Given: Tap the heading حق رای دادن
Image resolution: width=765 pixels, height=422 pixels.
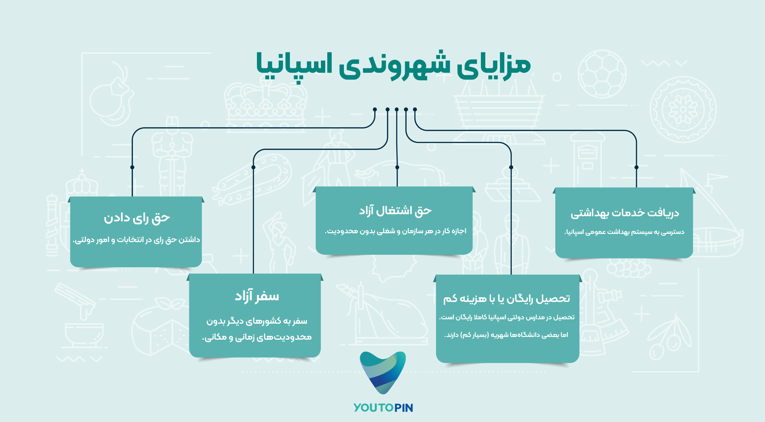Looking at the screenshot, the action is (x=137, y=218).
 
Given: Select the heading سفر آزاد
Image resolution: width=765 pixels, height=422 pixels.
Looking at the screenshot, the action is (x=257, y=296).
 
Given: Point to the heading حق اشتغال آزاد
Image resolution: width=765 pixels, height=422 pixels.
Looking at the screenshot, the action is (x=395, y=211).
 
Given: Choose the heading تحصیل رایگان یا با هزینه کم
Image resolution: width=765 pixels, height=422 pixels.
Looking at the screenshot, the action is (x=507, y=299).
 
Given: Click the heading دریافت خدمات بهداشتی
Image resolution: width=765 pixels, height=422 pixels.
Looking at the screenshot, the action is (x=625, y=213).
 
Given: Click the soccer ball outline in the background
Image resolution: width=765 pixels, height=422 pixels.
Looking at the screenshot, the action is (x=602, y=74).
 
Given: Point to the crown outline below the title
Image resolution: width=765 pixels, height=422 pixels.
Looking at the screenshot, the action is (x=265, y=102).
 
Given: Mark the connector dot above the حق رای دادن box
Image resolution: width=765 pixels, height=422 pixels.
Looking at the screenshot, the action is (x=132, y=167).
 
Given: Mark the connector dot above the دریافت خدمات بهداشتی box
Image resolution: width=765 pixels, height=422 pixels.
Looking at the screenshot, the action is (x=637, y=167).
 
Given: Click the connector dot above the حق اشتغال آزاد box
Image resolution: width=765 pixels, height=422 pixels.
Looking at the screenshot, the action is (x=397, y=167).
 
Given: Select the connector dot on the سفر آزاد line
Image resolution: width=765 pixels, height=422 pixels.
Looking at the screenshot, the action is (x=253, y=167).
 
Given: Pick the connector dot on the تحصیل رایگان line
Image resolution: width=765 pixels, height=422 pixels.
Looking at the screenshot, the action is (x=511, y=167).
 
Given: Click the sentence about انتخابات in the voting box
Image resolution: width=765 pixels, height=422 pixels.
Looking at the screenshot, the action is (x=136, y=240).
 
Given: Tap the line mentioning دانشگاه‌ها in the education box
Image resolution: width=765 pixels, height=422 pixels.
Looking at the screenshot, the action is (x=506, y=335).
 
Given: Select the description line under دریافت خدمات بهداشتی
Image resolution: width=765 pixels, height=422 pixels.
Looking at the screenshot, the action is (x=624, y=232).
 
